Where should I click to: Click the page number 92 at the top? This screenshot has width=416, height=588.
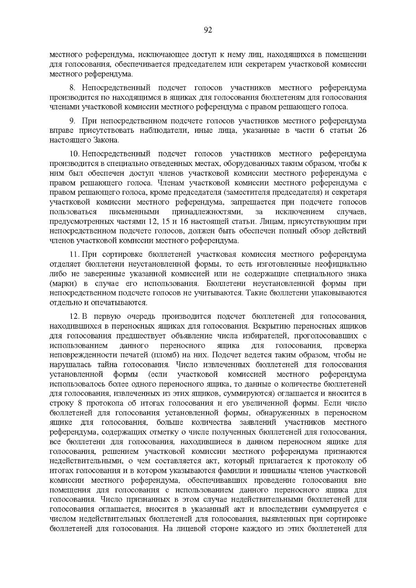[x=208, y=30]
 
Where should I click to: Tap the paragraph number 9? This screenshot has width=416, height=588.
[x=72, y=121]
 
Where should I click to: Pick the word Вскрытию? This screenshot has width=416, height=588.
[x=268, y=326]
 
